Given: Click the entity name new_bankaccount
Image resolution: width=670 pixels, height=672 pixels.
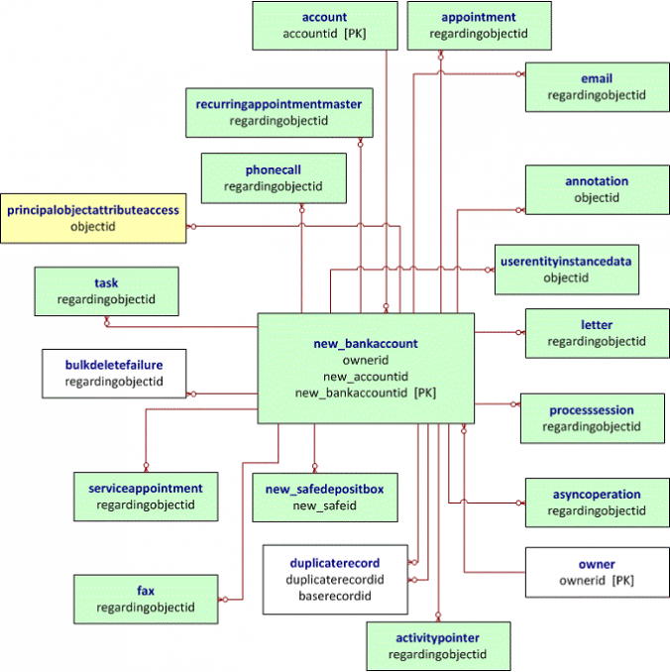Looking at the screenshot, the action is (366, 344).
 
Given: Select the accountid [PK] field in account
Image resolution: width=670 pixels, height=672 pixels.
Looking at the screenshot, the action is (324, 34).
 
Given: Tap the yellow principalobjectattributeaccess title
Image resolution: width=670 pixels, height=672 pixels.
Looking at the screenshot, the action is (93, 210).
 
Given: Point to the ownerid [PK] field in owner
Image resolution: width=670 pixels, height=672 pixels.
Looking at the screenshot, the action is (597, 581).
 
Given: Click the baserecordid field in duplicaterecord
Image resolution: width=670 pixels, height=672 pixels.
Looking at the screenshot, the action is (335, 596).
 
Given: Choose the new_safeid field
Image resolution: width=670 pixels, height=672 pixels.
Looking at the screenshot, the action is (324, 505).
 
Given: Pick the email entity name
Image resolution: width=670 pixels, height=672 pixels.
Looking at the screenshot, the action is (597, 78).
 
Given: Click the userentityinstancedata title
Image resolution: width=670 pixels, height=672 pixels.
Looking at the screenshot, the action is (566, 262).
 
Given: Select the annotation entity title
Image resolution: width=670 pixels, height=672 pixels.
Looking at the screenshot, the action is (597, 181).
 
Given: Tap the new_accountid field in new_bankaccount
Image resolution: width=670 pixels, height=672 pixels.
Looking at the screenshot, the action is (366, 377).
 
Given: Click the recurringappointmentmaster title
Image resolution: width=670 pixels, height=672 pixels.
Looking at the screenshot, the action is (279, 104).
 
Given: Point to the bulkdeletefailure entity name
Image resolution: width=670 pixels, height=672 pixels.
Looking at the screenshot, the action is (114, 365).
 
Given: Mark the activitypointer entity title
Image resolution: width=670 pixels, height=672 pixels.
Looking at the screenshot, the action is (438, 638).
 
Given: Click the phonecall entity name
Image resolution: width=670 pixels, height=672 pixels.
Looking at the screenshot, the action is (274, 170).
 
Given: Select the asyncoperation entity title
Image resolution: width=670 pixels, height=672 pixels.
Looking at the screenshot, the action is (597, 495).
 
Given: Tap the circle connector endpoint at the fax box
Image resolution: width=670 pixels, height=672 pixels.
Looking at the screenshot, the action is (225, 600).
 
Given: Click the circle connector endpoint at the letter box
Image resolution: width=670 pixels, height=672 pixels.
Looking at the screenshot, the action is (518, 332).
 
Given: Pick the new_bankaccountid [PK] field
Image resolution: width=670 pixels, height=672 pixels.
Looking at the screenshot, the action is (366, 393).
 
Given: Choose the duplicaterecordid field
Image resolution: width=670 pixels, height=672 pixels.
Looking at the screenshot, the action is (335, 580).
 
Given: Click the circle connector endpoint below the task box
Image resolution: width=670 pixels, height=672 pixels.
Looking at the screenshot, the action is (107, 323).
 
